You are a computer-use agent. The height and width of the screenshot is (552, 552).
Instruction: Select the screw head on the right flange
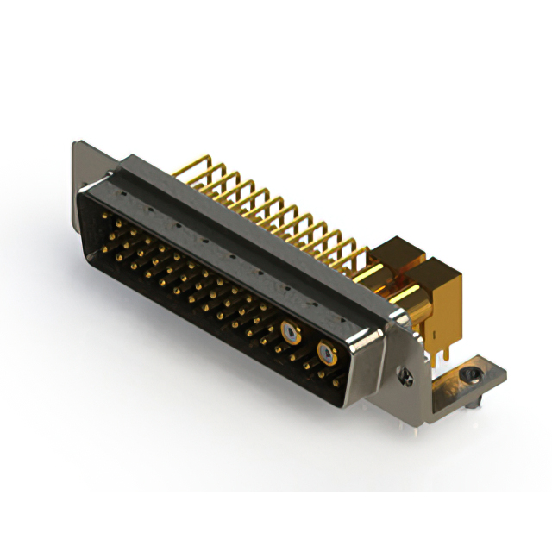pos(407,376)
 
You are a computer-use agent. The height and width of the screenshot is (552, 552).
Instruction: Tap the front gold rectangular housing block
pos(443,293)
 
